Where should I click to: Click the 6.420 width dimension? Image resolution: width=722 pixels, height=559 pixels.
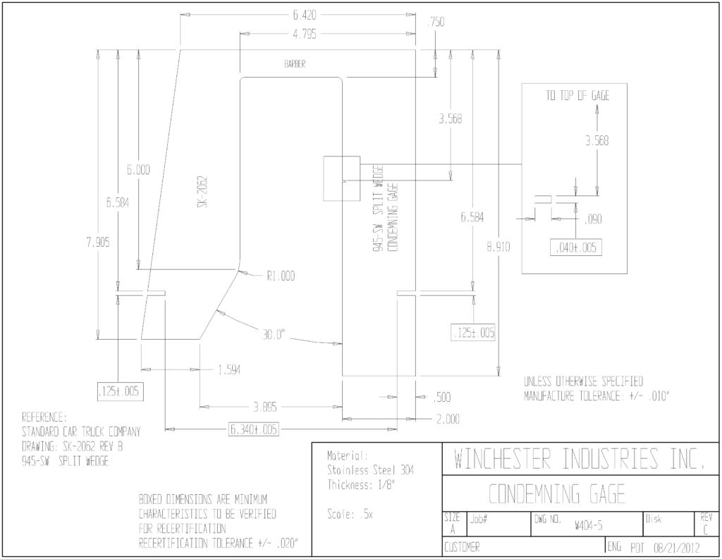[305, 16]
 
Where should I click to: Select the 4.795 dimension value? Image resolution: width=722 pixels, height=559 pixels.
[305, 34]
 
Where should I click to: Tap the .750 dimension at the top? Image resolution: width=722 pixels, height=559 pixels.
[436, 22]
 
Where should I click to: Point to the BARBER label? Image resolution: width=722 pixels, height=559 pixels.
[295, 64]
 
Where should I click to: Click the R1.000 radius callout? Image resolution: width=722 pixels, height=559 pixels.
[281, 276]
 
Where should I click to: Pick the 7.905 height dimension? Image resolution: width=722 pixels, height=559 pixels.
[98, 242]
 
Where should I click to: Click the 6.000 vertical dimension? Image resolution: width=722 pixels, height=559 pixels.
[139, 170]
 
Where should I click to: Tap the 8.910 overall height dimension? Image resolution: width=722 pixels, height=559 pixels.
[498, 247]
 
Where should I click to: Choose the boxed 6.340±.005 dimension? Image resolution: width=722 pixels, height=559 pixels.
[254, 429]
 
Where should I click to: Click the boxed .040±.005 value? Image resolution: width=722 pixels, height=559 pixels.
[576, 247]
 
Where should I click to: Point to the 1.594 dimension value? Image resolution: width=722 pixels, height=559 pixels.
[229, 370]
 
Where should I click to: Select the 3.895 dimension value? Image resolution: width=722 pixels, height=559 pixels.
[265, 407]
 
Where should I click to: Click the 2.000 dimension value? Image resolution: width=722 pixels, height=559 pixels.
[448, 419]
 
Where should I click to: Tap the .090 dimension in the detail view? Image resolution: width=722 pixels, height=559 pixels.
[593, 219]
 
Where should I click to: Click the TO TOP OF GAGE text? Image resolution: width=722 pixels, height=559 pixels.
[578, 95]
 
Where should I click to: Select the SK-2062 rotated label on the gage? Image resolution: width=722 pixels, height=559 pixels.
[202, 191]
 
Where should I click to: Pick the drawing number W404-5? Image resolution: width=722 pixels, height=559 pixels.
[589, 525]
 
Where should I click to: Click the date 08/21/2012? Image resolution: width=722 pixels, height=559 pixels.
[677, 548]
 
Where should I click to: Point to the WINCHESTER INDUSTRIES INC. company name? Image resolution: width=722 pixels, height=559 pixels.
[580, 458]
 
